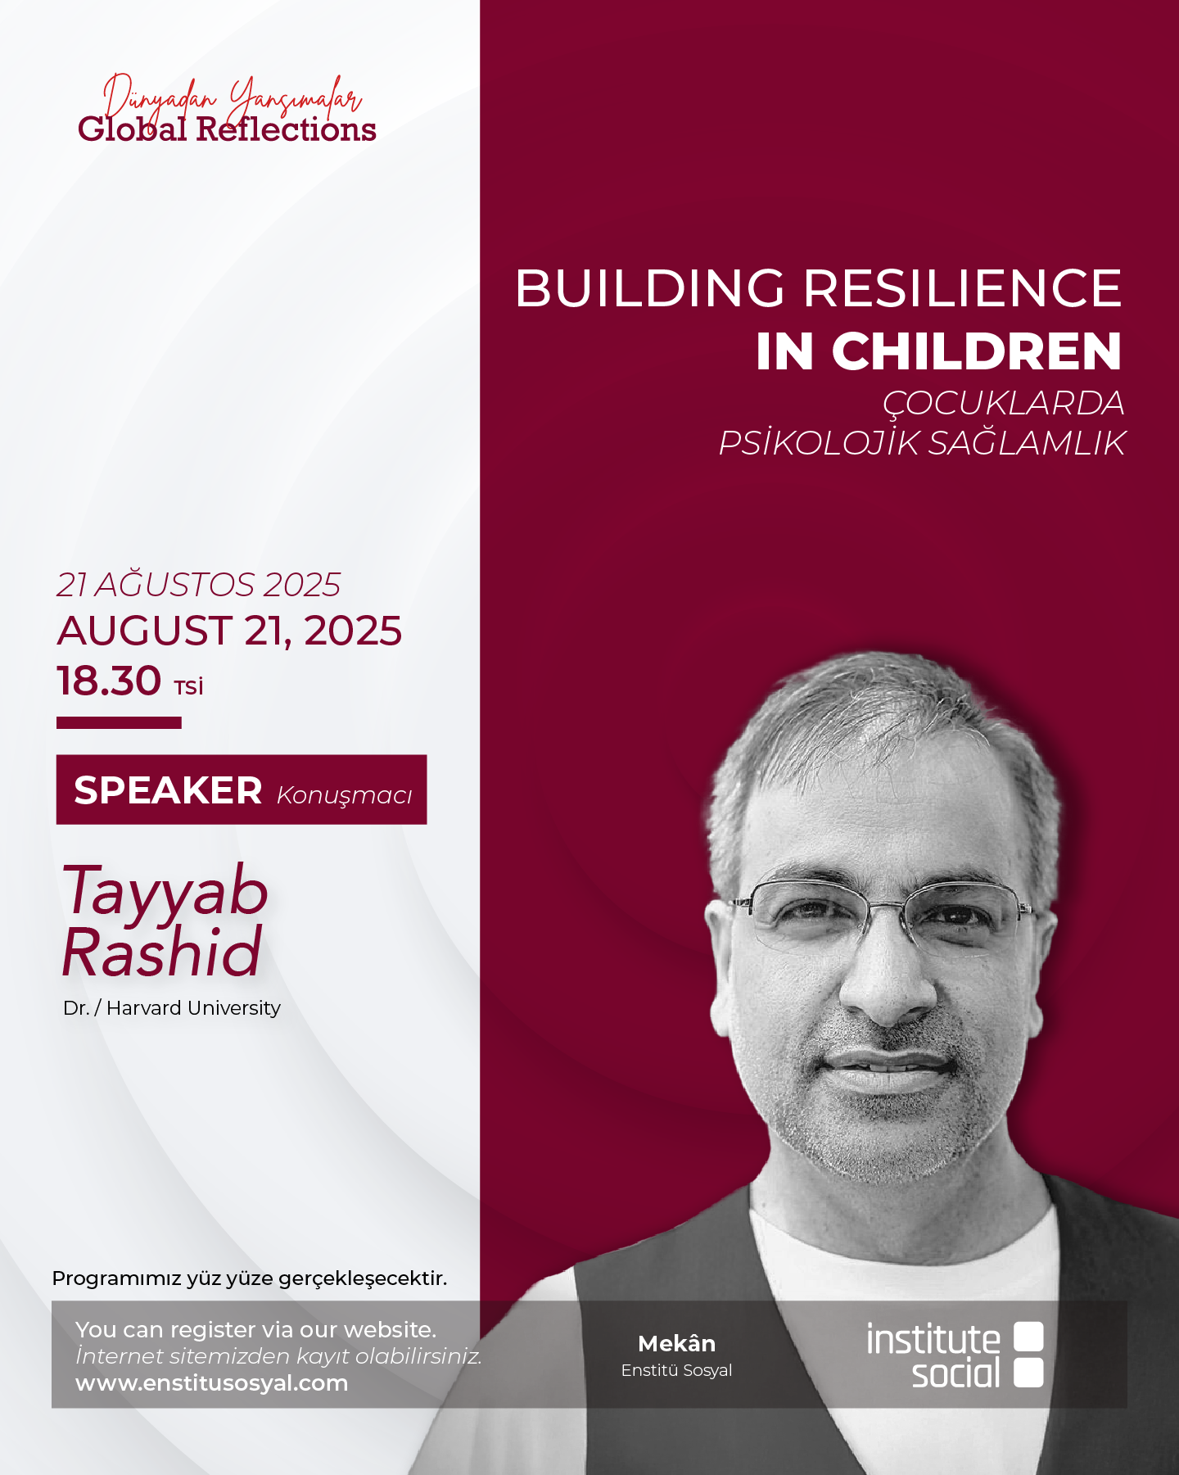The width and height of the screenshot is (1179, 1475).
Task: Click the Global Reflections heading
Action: pyautogui.click(x=227, y=129)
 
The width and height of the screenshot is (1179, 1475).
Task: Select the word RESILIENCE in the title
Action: pyautogui.click(x=962, y=288)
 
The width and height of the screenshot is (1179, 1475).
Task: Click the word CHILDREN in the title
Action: pyautogui.click(x=977, y=351)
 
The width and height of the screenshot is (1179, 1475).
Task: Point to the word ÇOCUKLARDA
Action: pyautogui.click(x=1003, y=404)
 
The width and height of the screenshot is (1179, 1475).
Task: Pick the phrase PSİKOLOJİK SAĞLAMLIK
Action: pyautogui.click(x=922, y=443)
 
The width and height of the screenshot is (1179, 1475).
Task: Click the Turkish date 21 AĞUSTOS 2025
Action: pyautogui.click(x=198, y=585)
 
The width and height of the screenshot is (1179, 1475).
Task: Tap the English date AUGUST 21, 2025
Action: pyautogui.click(x=229, y=631)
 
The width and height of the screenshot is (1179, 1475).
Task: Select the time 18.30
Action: pyautogui.click(x=109, y=681)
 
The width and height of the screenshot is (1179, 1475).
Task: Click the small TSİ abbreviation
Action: pyautogui.click(x=188, y=686)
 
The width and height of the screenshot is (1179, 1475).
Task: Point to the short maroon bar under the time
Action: pyautogui.click(x=119, y=722)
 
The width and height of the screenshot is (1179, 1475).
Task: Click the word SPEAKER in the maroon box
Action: pyautogui.click(x=168, y=790)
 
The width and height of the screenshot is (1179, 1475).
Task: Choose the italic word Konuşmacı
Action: pyautogui.click(x=345, y=795)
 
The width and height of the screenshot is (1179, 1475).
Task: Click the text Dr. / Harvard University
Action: pyautogui.click(x=172, y=1008)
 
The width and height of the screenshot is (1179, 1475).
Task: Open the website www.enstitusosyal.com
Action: pyautogui.click(x=212, y=1383)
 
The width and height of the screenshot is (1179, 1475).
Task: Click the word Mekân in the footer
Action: pyautogui.click(x=676, y=1344)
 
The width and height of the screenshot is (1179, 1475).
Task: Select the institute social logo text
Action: pyautogui.click(x=933, y=1355)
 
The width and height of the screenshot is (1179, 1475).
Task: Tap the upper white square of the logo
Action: pyautogui.click(x=1028, y=1337)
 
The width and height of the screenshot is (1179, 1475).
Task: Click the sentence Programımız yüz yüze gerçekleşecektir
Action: pyautogui.click(x=250, y=1279)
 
